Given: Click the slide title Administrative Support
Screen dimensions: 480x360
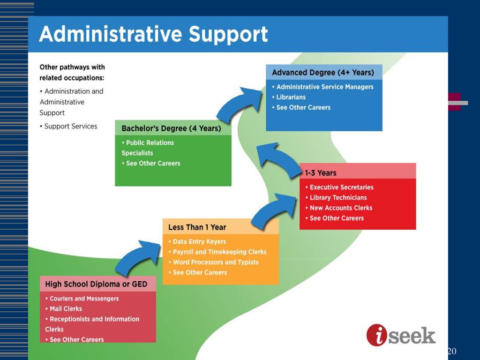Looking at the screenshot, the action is click(x=154, y=34).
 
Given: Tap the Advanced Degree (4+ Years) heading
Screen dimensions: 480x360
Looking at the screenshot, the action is click(x=323, y=73).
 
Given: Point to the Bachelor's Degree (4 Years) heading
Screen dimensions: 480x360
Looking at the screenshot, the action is click(x=171, y=128).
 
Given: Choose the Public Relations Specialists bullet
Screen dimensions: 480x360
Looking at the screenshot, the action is click(x=148, y=148).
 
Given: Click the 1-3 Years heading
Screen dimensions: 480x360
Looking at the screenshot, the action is click(x=321, y=173).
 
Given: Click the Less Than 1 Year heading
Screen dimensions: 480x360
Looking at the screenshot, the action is click(x=197, y=227).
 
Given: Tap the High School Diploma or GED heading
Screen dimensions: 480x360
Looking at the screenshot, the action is click(x=96, y=284).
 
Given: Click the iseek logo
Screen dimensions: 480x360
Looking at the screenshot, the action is click(x=401, y=335).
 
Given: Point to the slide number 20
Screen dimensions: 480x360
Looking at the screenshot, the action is click(x=452, y=351).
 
